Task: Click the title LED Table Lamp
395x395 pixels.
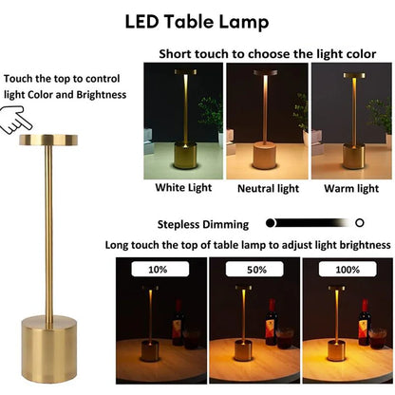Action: coord(197,21)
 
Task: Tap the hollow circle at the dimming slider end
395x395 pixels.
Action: coord(359,223)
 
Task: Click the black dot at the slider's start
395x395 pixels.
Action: coord(272,223)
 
